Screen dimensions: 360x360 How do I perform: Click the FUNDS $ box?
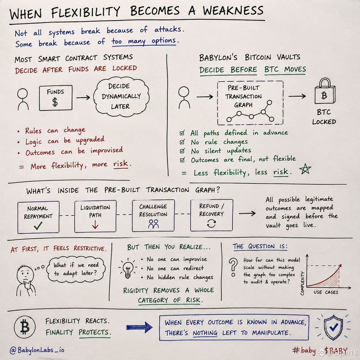[56, 98]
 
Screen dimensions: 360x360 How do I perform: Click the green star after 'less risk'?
[305, 169]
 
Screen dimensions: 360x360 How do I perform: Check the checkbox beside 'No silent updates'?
[182, 151]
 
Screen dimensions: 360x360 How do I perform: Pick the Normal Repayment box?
[38, 217]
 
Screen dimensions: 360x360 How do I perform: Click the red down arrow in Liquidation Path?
[95, 224]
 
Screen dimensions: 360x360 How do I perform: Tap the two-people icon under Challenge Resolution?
[153, 224]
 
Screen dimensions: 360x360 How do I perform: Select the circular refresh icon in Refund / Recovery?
[212, 223]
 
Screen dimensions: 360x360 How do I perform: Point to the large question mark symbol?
[233, 267]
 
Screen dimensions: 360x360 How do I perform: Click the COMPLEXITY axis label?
[302, 283]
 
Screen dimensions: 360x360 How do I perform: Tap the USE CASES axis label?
[326, 292]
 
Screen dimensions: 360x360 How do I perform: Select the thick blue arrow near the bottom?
[139, 327]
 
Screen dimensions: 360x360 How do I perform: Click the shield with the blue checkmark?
[333, 327]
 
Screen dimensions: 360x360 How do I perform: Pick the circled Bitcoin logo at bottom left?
[25, 327]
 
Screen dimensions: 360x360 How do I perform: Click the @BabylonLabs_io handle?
[37, 350]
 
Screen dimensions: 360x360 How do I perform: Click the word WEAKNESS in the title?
[233, 11]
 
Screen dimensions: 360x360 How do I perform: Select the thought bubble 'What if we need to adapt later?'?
[76, 270]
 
